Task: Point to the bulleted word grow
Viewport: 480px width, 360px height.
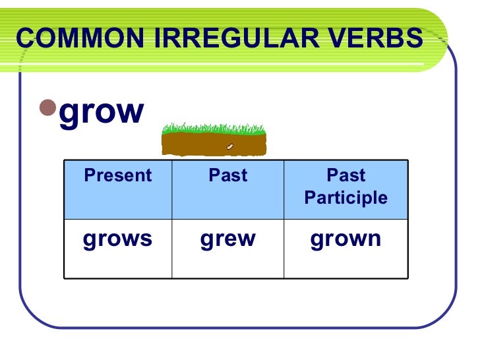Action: (101, 111)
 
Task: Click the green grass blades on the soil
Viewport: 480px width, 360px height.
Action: (214, 127)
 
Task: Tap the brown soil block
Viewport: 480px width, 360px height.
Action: (214, 144)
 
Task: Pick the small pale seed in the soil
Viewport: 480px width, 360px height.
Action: (230, 146)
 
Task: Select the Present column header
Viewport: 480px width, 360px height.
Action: (117, 175)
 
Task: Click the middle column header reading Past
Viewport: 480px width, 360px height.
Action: (227, 175)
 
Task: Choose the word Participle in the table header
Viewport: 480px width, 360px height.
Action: (346, 198)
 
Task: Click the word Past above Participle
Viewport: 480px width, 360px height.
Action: (346, 175)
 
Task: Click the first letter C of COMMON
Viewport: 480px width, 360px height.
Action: (25, 40)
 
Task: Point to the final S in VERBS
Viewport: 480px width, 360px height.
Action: (413, 40)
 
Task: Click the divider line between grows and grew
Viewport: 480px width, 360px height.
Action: (172, 249)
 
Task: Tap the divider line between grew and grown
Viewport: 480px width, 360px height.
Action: (284, 249)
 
